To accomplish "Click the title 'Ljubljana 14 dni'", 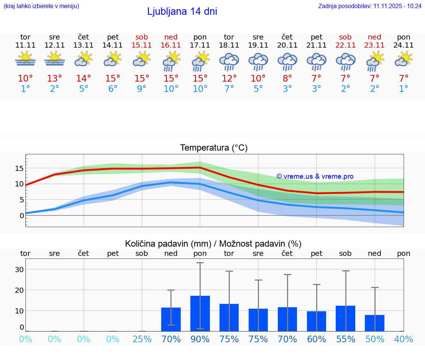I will click(182, 11).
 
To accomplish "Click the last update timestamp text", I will click(370, 6).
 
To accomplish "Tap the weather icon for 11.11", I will click(25, 59).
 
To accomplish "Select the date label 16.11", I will click(171, 45).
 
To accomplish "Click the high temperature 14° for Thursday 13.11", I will click(84, 78).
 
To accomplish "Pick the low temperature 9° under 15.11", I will click(142, 89).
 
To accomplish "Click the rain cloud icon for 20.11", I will click(287, 61).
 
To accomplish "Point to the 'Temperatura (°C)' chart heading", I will click(214, 148).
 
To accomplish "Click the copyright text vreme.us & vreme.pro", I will click(315, 176).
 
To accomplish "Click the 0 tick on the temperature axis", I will click(22, 215).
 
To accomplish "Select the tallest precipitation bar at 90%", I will click(200, 313).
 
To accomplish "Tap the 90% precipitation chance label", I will click(200, 339).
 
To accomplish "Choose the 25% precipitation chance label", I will click(142, 339).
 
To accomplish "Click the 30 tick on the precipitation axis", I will click(19, 269).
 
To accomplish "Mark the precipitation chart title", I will click(213, 244).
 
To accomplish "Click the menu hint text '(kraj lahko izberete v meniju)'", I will click(41, 6).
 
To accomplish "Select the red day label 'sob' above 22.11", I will click(345, 37).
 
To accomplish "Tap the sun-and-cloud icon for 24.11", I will click(404, 59).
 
